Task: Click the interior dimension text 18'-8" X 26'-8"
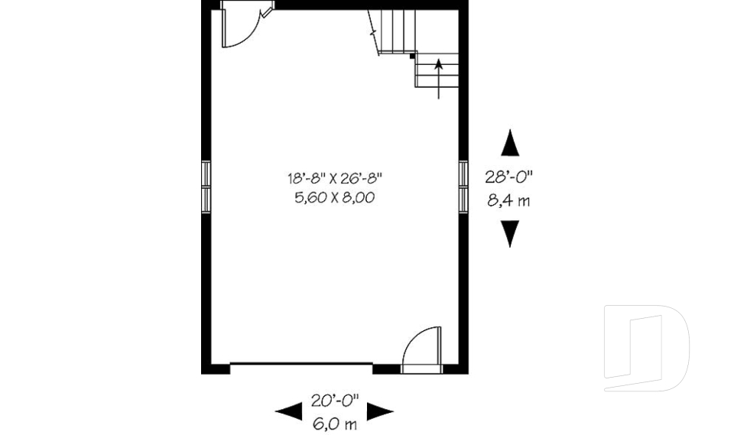pyautogui.click(x=334, y=179)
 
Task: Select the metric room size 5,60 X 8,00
pyautogui.click(x=334, y=198)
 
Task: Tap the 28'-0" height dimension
pyautogui.click(x=508, y=177)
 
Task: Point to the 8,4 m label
pyautogui.click(x=508, y=202)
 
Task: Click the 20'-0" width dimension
pyautogui.click(x=334, y=400)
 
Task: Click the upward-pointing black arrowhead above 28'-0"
pyautogui.click(x=509, y=143)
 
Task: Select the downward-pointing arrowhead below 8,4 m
pyautogui.click(x=509, y=233)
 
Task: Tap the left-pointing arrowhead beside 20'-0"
pyautogui.click(x=288, y=412)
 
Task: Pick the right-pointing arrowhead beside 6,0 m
pyautogui.click(x=380, y=412)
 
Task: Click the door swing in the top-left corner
pyautogui.click(x=240, y=28)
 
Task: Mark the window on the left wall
pyautogui.click(x=206, y=186)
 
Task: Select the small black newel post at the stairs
pyautogui.click(x=412, y=56)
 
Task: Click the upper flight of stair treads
pyautogui.click(x=389, y=31)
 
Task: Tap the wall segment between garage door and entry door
pyautogui.click(x=386, y=369)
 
